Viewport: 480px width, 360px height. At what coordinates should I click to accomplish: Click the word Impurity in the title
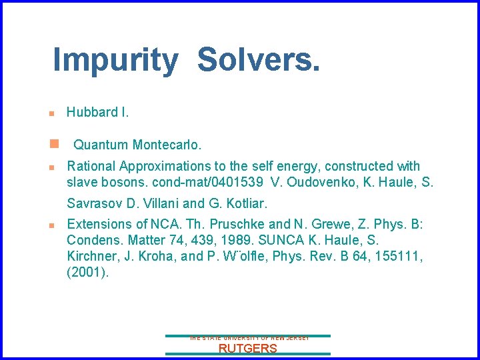coord(115,60)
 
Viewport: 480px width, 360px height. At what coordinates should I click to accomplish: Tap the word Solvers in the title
coord(259,60)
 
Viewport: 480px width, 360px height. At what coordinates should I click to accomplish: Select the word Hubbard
coord(92,112)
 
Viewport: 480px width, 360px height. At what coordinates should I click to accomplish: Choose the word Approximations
coord(163,166)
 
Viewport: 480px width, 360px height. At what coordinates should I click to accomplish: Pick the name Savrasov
coord(94,203)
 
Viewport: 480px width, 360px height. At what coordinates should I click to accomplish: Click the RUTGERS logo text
coord(248,349)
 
